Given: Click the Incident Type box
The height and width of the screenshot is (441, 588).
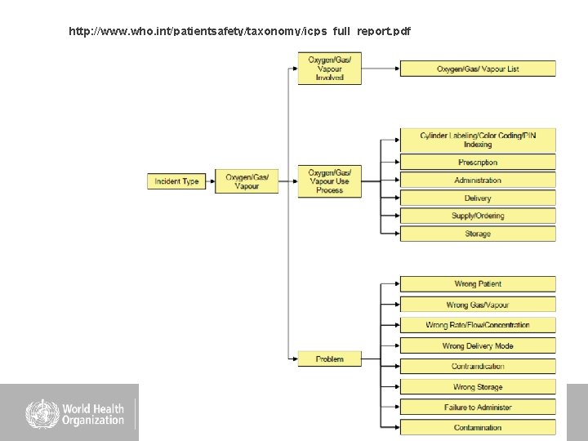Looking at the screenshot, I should (176, 181).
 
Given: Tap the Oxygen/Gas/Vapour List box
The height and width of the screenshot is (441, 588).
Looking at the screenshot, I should (478, 69).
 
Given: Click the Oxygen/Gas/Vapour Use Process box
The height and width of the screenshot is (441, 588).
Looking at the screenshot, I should (329, 180).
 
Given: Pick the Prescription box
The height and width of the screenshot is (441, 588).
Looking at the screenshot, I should (478, 163).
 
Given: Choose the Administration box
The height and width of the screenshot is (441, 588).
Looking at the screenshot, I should (478, 180).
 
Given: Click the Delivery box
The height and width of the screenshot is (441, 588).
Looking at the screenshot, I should (478, 198).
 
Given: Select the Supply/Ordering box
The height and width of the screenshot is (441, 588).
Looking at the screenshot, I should (478, 216).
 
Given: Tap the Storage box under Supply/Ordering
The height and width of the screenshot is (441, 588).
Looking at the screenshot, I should (478, 234).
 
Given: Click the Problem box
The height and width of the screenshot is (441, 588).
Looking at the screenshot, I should (329, 359).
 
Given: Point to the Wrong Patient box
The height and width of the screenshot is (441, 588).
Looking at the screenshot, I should (478, 284).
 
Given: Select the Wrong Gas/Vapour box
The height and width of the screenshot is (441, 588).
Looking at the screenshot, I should (478, 305).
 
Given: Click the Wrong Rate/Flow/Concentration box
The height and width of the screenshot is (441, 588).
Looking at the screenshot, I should (478, 325).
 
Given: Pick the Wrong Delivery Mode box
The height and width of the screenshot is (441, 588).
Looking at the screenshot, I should (478, 346).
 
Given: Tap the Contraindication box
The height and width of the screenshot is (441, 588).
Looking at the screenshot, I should (478, 367).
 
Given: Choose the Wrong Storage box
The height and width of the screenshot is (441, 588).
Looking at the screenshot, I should (478, 387).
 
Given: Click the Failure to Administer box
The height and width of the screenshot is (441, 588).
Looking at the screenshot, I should (478, 408).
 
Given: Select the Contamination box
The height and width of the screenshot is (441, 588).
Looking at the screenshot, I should (478, 428).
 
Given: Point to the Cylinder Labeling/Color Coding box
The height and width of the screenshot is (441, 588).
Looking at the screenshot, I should (478, 140).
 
